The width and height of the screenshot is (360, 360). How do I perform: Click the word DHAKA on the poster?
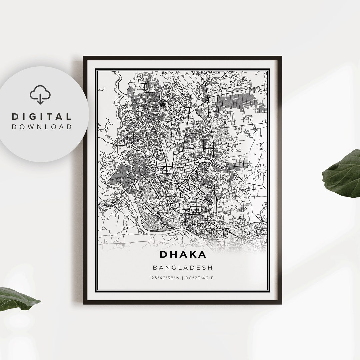(x=183, y=254)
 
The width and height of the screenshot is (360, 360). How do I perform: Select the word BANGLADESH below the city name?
(x=183, y=267)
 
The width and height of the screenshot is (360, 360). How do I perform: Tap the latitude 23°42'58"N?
(x=165, y=277)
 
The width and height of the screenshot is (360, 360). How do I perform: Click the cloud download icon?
(x=40, y=94)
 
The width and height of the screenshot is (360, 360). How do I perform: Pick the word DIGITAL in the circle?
(x=42, y=117)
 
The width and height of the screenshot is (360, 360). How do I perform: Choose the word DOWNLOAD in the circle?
(x=42, y=127)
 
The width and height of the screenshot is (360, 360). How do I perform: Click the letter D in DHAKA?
(x=163, y=254)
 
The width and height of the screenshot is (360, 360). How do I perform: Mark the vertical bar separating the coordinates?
(x=183, y=277)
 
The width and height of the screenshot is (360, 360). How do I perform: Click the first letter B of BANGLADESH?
(x=155, y=267)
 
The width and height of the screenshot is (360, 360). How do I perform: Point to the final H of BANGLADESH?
(x=210, y=267)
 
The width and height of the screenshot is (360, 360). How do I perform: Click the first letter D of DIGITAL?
(x=15, y=117)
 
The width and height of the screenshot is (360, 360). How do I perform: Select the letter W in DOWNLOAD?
(x=33, y=127)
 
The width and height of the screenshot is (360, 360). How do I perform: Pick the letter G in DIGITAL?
(x=35, y=117)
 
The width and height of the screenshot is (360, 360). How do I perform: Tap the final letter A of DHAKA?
(x=202, y=254)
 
